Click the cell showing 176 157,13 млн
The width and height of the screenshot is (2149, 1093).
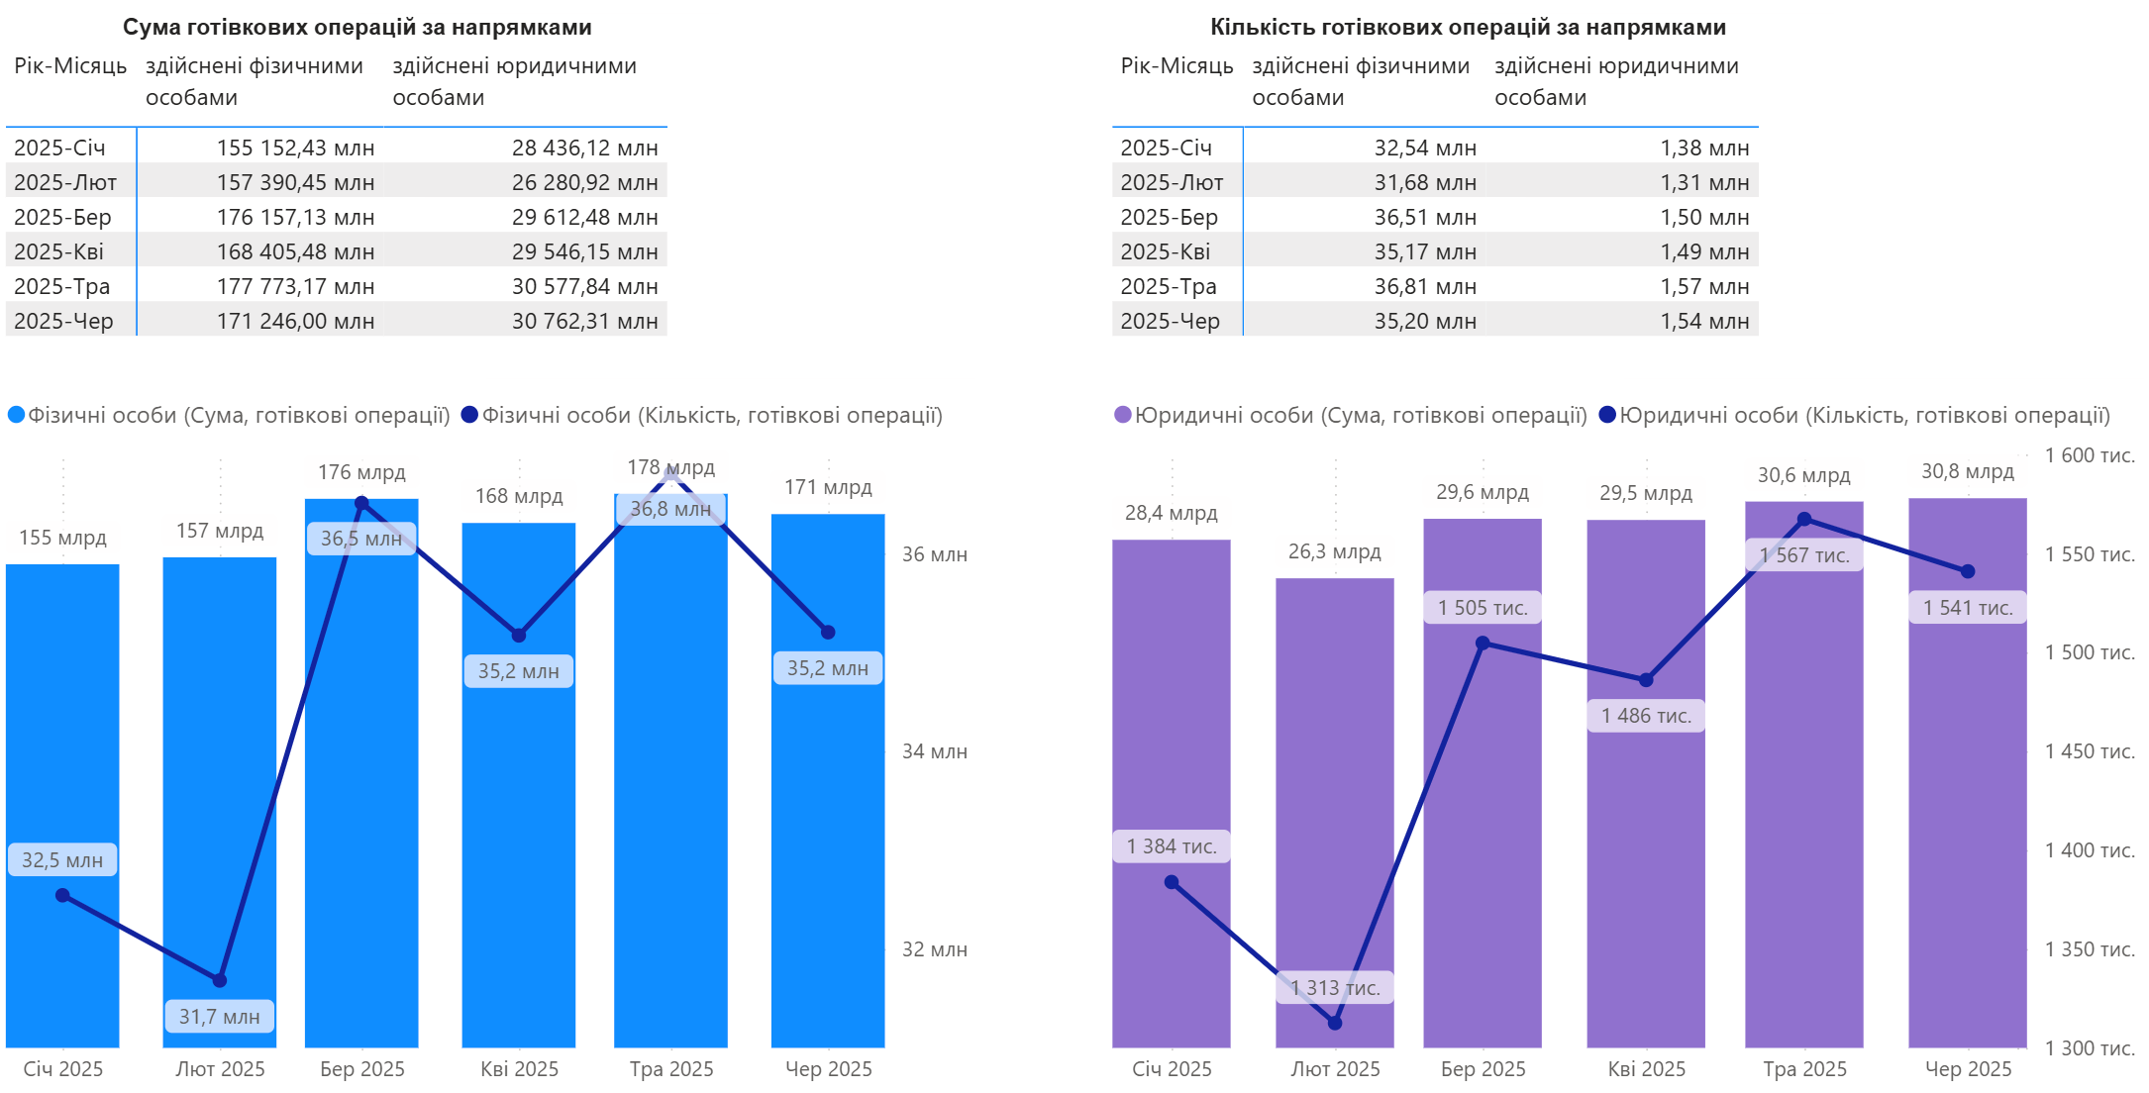click(295, 217)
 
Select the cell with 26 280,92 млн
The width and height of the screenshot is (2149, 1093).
click(584, 182)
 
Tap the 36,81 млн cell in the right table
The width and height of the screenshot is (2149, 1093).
click(1424, 286)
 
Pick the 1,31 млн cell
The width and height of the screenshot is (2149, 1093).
click(1704, 182)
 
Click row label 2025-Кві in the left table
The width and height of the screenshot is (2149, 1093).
click(59, 251)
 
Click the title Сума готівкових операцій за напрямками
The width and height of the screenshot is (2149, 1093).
click(357, 27)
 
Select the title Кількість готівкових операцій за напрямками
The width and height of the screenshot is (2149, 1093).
click(1468, 27)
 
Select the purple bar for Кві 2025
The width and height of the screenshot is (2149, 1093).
click(1646, 842)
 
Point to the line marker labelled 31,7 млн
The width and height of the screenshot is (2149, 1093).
click(220, 980)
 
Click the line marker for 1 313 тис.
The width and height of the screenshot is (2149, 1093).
click(1335, 1023)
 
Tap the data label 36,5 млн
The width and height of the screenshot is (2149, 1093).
click(361, 539)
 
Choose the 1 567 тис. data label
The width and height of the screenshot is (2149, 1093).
click(1804, 555)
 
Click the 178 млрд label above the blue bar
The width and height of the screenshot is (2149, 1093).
click(670, 467)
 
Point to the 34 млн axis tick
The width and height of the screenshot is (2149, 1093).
click(934, 751)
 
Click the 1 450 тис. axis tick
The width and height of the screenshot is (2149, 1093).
click(2090, 751)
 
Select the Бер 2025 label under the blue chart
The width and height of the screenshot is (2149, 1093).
click(362, 1069)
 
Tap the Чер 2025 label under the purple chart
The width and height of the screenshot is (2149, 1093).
click(1968, 1069)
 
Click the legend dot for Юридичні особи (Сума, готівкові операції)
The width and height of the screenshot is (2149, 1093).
click(1123, 415)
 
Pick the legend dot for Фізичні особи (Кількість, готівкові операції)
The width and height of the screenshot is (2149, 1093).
click(470, 415)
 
